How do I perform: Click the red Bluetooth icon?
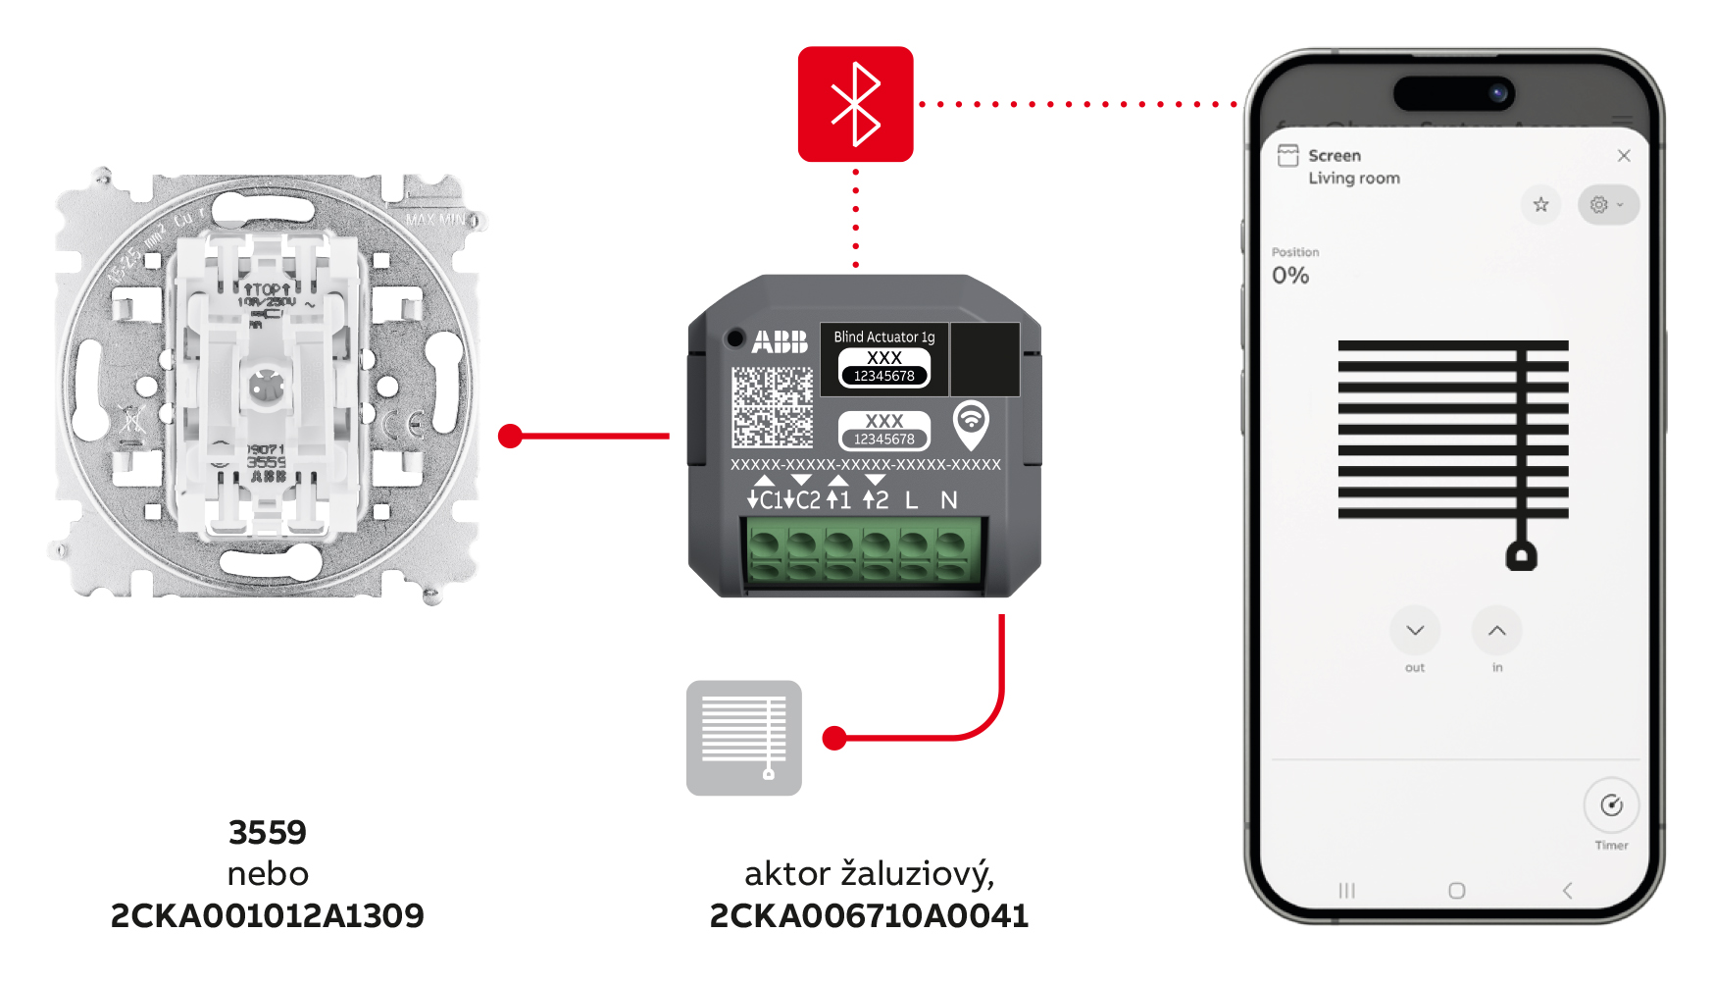[855, 104]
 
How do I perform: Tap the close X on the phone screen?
[1624, 156]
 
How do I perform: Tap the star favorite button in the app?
[1540, 204]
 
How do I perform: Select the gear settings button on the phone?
[1606, 205]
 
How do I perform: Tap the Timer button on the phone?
[1611, 806]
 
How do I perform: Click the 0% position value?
[1290, 276]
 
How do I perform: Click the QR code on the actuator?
[773, 406]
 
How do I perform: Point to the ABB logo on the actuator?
[780, 341]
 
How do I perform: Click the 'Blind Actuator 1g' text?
[883, 337]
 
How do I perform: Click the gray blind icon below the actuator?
[744, 738]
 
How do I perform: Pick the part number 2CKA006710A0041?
[869, 916]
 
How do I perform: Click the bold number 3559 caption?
[268, 833]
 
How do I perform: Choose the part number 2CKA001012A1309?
[267, 916]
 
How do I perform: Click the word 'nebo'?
[268, 874]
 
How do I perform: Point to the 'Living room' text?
[1353, 179]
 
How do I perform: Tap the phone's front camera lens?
[1497, 93]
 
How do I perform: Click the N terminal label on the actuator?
[948, 500]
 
